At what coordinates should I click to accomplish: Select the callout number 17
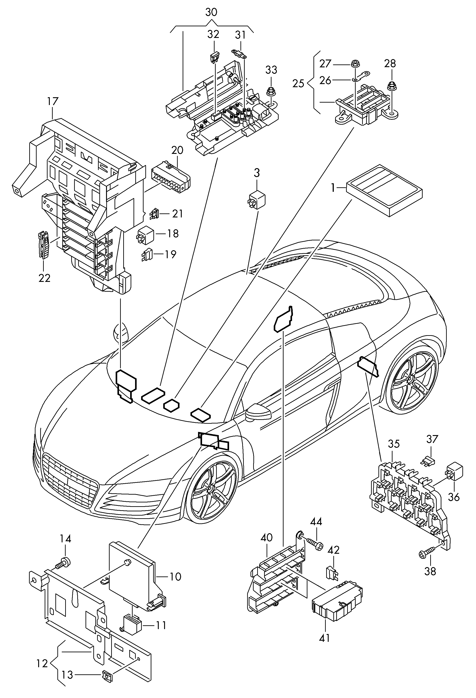[x=53, y=101]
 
